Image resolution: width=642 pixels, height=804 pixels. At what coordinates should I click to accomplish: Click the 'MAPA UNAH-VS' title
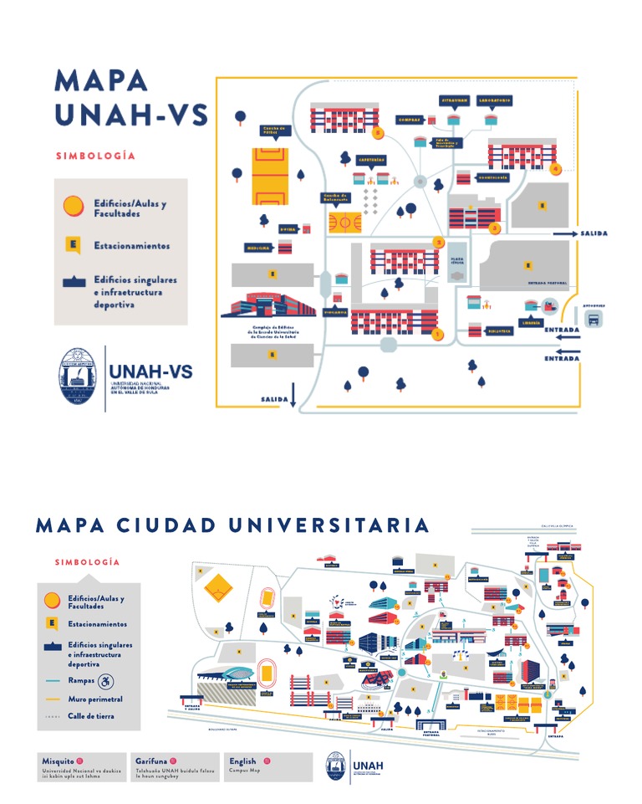(130, 98)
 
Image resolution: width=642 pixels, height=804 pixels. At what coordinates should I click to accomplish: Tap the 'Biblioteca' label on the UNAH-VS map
(501, 330)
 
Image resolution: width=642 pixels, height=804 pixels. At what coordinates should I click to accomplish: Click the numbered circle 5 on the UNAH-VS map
(379, 132)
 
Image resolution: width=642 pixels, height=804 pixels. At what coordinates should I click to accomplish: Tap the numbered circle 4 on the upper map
(556, 167)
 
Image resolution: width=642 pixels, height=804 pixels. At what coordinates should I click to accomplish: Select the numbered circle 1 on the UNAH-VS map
(436, 335)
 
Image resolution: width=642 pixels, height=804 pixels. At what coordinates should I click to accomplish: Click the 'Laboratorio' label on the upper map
(494, 100)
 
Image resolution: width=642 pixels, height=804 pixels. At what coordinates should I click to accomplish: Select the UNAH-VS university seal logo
(80, 377)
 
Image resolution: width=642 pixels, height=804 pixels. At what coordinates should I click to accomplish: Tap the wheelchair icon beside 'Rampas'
(105, 681)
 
